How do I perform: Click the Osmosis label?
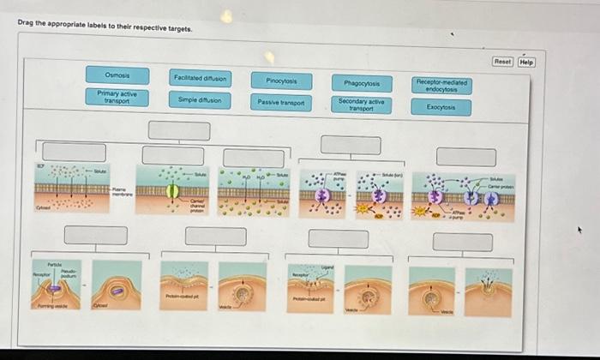point(117,75)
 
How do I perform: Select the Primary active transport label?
point(117,97)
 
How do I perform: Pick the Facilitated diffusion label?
point(199,78)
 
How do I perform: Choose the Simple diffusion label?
point(199,99)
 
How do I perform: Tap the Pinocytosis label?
point(281,81)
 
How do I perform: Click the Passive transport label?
point(281,102)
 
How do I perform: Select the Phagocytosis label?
point(362,83)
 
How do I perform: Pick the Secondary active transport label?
point(362,105)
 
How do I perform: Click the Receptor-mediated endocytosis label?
point(442,86)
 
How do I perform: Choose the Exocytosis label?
point(442,107)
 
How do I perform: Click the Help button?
point(526,62)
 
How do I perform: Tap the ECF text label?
point(39,165)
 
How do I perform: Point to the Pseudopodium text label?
point(66,273)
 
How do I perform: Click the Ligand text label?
point(326,268)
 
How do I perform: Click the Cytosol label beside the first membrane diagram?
point(41,207)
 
